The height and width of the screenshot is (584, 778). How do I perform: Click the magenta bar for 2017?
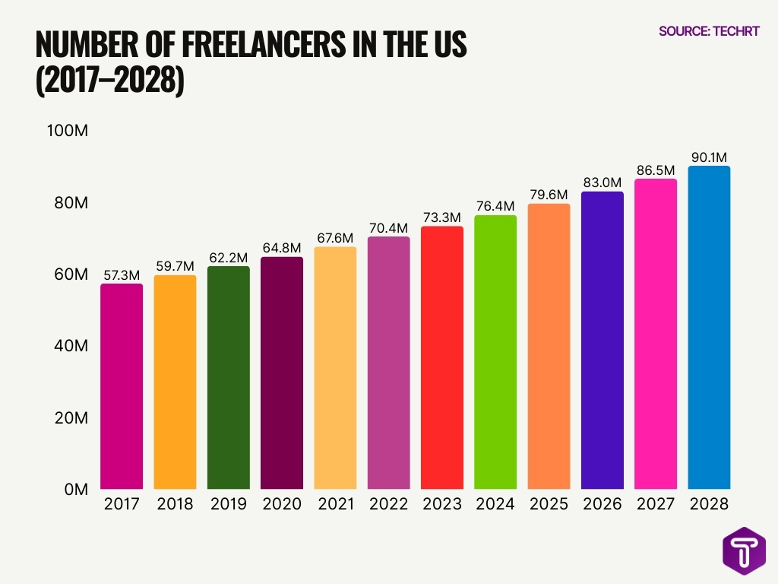tap(122, 386)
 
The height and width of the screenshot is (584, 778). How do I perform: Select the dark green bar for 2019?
tap(229, 378)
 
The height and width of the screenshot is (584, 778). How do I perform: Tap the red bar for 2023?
tap(441, 357)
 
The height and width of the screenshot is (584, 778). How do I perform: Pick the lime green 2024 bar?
tap(495, 352)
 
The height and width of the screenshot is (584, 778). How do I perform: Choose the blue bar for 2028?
tap(709, 328)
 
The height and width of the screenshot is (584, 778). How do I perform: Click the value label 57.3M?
tap(122, 275)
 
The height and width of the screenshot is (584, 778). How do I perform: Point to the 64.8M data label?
tap(282, 248)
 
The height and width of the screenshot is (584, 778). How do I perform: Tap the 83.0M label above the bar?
tap(602, 182)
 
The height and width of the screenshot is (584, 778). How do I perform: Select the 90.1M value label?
tap(709, 157)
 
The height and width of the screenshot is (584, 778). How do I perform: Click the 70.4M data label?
tap(388, 227)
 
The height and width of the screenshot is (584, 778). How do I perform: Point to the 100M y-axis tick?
tap(68, 131)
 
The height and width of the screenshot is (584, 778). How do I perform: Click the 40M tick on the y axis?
tap(71, 346)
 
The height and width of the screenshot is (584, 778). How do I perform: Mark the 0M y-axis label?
tap(76, 490)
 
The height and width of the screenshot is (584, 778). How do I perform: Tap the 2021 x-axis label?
tap(335, 504)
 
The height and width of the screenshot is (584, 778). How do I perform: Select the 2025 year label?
tap(549, 504)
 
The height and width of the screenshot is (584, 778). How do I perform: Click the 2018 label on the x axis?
tap(175, 504)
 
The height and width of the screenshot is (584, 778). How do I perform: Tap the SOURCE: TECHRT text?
tap(709, 32)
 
